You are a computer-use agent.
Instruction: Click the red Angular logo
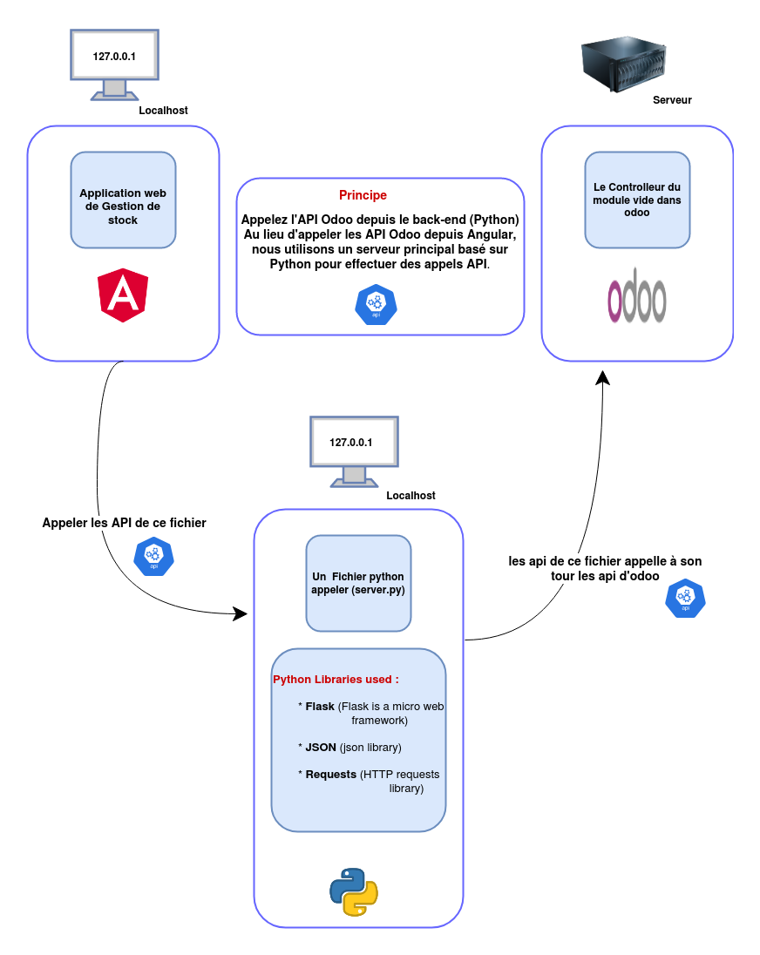[123, 295]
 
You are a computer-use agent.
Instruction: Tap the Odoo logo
[637, 295]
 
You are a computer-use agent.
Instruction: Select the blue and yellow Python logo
[353, 891]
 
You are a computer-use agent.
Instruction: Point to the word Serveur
[672, 100]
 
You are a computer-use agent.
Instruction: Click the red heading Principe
[363, 195]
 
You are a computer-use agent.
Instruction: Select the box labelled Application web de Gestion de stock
[123, 200]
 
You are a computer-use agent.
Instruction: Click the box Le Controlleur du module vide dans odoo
[637, 200]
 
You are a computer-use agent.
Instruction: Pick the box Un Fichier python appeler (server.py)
[358, 582]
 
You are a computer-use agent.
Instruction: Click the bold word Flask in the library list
[320, 706]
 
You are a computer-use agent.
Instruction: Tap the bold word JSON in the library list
[320, 748]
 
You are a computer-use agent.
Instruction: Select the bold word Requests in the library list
[330, 774]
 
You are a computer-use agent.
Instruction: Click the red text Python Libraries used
[336, 679]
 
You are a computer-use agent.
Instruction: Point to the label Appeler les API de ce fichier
[125, 523]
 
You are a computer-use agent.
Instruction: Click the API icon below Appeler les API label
[153, 556]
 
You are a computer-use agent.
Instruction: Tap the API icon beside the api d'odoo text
[685, 598]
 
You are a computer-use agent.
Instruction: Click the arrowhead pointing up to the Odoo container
[601, 376]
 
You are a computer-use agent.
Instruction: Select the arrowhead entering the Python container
[243, 613]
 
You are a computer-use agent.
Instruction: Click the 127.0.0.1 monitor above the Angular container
[114, 58]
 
